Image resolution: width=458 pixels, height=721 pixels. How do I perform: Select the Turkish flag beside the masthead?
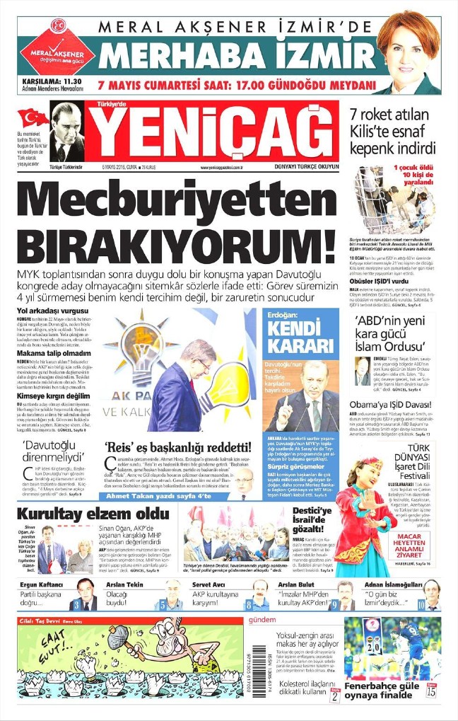[x=33, y=116]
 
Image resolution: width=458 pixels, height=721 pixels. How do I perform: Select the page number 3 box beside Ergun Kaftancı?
[x=76, y=605]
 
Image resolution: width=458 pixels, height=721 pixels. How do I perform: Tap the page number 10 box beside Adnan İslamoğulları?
[x=421, y=605]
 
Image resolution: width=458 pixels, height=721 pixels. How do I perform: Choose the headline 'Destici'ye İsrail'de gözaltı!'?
[x=315, y=518]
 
